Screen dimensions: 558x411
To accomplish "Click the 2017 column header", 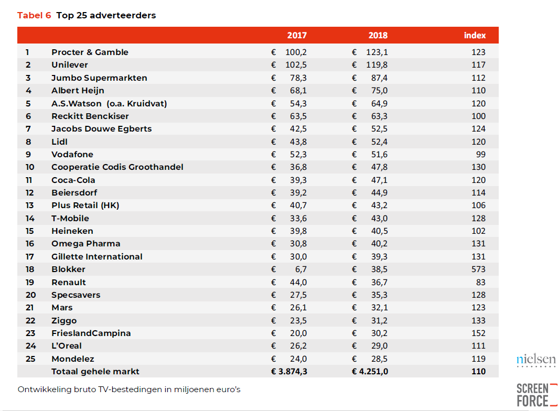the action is click(297, 35).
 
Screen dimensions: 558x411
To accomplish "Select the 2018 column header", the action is click(378, 35).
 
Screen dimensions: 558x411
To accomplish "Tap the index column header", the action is click(475, 35).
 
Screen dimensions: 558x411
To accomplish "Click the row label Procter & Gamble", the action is click(90, 52).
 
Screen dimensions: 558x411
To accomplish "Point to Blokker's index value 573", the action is click(478, 269).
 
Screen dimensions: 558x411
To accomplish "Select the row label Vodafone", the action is click(72, 155).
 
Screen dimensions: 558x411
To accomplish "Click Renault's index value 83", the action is click(481, 282).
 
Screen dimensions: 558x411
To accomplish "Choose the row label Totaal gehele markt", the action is click(95, 372).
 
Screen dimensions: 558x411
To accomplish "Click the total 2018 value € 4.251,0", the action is click(370, 372).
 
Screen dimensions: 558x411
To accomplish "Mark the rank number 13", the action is click(29, 206).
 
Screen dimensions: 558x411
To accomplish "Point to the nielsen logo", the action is click(536, 360).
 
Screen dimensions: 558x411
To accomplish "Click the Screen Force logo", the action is click(536, 395).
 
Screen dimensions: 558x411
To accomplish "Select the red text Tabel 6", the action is click(34, 15).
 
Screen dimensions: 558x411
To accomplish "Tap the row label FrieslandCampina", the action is click(91, 333).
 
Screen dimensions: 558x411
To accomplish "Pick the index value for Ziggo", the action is click(478, 321).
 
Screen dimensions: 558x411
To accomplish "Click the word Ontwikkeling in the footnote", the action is click(45, 390).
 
